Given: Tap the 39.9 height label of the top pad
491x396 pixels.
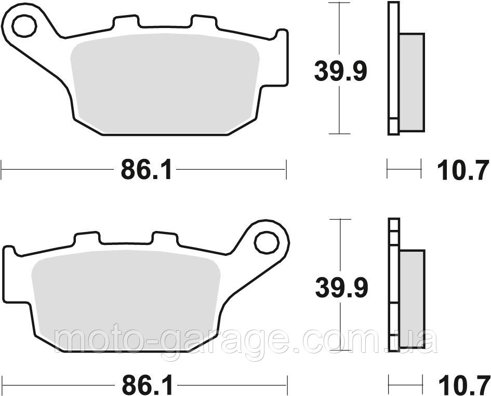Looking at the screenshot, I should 340,72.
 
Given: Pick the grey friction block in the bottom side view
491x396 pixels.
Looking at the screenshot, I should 413,298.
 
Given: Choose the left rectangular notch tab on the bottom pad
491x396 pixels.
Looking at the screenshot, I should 86,239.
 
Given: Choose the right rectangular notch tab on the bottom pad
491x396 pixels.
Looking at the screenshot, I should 165,239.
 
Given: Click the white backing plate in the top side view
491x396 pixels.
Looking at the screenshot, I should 393,62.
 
